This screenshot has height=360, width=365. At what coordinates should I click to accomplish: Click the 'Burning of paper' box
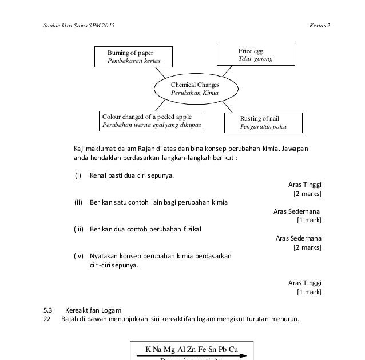pos(133,57)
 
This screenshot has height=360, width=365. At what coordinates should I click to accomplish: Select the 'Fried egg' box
pos(255,55)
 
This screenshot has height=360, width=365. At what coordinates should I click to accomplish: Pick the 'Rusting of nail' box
pos(263,123)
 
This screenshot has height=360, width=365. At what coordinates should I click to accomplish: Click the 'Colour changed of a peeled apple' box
pos(153,120)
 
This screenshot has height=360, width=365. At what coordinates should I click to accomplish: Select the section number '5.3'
pos(48,310)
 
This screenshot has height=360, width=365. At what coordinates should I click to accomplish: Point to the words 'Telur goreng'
pos(256,59)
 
